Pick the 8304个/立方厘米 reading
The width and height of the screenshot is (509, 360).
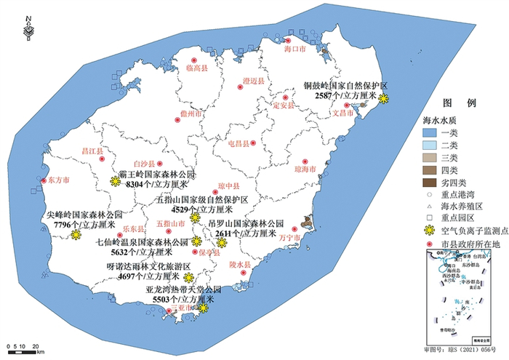(x=153, y=185)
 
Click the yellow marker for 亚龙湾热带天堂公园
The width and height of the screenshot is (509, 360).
(x=204, y=308)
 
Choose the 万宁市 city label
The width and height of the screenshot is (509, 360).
(x=289, y=238)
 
